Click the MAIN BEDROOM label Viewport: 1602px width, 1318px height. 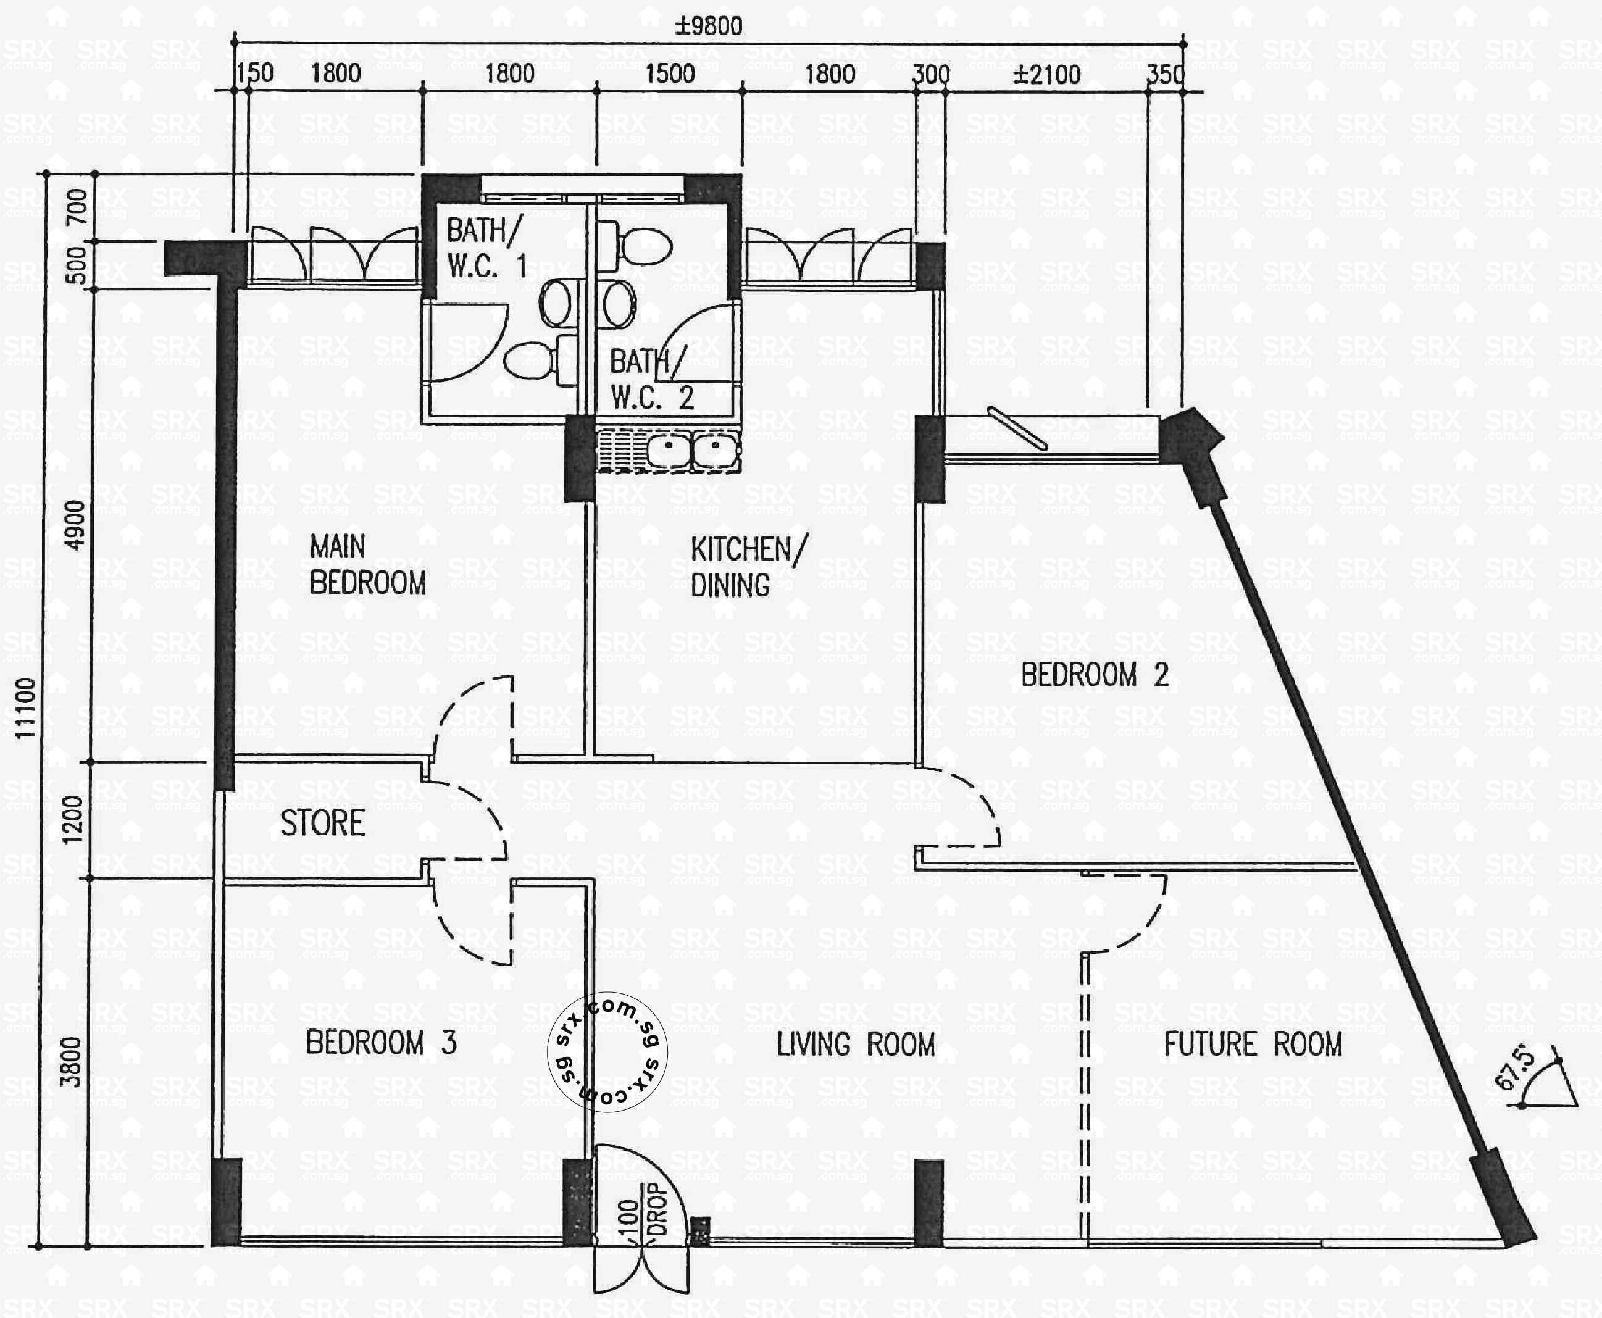coord(367,565)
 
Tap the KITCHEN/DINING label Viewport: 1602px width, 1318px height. coord(748,567)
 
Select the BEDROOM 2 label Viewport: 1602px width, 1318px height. coord(1094,675)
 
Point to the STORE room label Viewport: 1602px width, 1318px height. coord(323,823)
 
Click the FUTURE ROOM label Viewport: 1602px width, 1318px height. coord(1253,1045)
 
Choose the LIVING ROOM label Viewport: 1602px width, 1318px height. coord(856,1045)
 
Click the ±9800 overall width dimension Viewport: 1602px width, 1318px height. coord(708,26)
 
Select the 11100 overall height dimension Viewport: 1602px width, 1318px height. coord(27,707)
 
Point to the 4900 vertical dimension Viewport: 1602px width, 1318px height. coord(75,525)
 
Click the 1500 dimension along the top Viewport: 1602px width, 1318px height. coord(670,73)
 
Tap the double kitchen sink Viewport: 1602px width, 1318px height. coord(693,449)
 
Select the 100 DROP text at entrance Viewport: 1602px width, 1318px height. coord(642,1212)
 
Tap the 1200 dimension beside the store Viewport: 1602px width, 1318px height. coord(72,819)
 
